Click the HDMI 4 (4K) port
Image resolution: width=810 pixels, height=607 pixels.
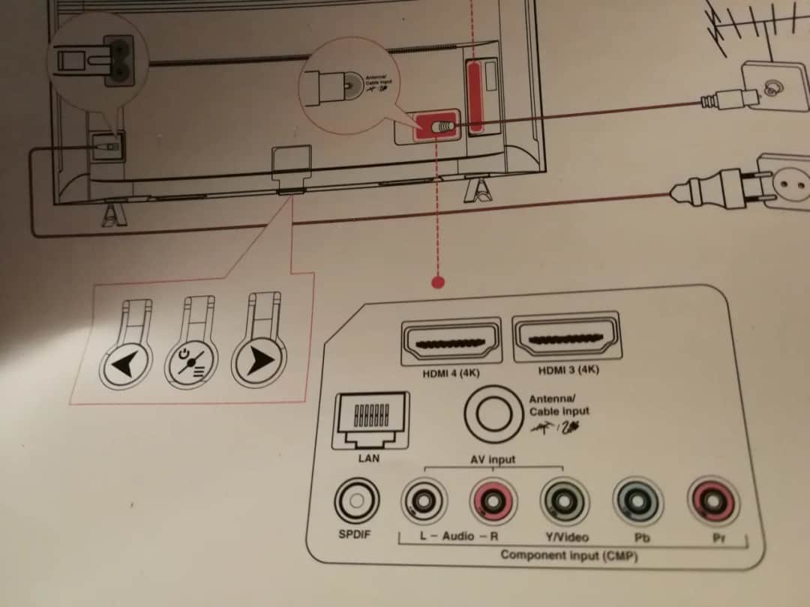point(452,342)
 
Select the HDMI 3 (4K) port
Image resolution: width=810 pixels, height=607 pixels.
point(565,339)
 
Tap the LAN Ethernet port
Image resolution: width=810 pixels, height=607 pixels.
point(370,421)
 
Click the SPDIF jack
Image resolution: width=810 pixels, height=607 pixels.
point(357,500)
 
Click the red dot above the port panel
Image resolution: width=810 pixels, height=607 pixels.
point(439,282)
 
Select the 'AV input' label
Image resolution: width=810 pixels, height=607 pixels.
point(492,459)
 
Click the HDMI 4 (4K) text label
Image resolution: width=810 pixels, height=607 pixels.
point(451,372)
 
